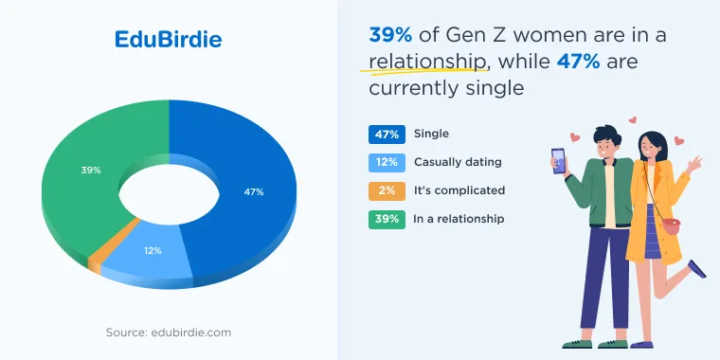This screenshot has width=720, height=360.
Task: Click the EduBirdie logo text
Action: [168, 40]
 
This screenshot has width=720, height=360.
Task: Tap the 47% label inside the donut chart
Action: [254, 192]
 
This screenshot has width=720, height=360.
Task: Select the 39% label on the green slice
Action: [90, 170]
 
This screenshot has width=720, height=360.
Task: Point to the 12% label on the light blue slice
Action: [152, 251]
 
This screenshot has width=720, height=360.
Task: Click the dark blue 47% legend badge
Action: [387, 135]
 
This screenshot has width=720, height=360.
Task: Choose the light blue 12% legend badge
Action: [387, 163]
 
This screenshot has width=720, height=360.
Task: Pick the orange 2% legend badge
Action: [387, 191]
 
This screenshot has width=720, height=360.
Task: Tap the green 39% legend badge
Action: [387, 220]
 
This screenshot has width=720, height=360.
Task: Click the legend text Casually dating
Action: [458, 162]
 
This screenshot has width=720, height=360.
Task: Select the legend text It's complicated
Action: [459, 190]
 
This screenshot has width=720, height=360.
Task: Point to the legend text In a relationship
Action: [459, 219]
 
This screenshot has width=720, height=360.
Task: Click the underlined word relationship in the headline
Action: [427, 62]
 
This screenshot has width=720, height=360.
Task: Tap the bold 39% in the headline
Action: [390, 35]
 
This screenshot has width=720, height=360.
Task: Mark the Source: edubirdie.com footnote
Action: [169, 333]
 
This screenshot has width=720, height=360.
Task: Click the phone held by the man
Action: [558, 161]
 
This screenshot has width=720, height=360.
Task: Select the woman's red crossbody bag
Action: [671, 226]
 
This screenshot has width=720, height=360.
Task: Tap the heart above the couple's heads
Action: [632, 120]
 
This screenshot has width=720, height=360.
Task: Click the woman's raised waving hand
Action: [694, 164]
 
